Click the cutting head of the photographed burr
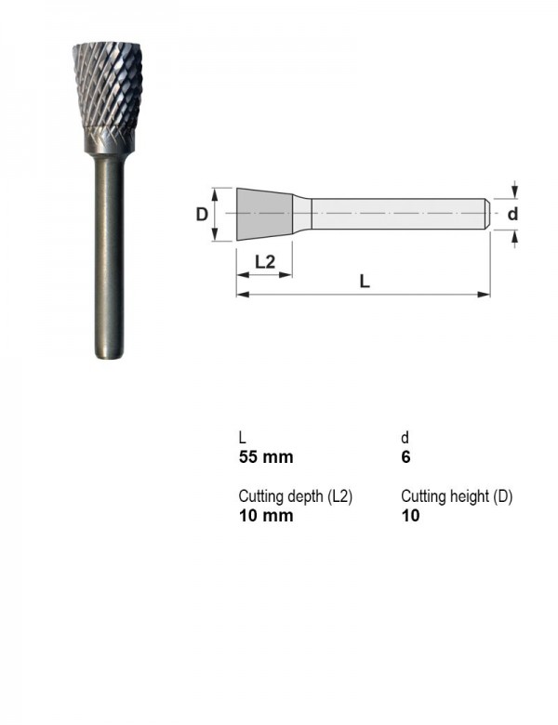[x=108, y=86]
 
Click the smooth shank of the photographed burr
[x=109, y=256]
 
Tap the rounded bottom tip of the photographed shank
[x=109, y=355]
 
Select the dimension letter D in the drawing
[x=202, y=215]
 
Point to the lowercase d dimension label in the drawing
[x=512, y=214]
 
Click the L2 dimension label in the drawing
[x=265, y=262]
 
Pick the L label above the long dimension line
[x=365, y=281]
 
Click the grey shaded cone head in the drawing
[x=265, y=214]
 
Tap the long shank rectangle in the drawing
[x=400, y=214]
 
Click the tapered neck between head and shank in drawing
[x=302, y=214]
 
